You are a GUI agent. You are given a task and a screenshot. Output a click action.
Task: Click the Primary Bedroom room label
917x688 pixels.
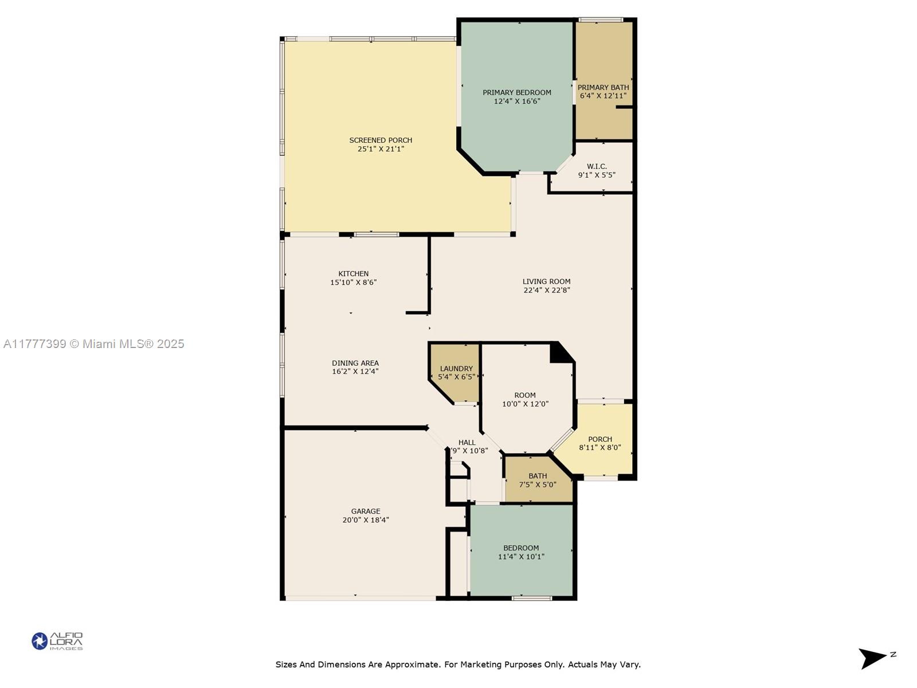click(517, 92)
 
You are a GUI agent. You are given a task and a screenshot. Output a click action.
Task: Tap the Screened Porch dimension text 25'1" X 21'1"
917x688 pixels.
click(381, 148)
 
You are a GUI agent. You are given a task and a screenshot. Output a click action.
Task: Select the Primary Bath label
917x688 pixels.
click(603, 87)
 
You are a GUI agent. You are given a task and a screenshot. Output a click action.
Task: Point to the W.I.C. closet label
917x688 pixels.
click(597, 166)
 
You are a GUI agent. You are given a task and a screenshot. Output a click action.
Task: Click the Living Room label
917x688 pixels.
click(546, 282)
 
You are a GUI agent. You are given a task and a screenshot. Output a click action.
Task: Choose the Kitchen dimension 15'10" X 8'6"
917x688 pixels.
click(354, 283)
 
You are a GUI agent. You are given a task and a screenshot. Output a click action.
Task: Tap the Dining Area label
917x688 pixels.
click(355, 363)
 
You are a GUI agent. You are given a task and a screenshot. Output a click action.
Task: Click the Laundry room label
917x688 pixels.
click(456, 369)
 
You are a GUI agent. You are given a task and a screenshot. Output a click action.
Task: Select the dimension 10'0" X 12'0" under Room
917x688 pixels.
click(525, 404)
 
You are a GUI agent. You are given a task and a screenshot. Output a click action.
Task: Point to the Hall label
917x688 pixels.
click(467, 443)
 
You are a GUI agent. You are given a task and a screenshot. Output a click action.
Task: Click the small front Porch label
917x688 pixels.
click(600, 439)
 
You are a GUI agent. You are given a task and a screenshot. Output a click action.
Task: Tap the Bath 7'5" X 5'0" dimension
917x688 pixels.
click(538, 484)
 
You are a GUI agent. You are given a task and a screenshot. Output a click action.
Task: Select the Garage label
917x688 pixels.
click(366, 511)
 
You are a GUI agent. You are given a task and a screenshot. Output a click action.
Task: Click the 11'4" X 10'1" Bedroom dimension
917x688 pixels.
click(521, 556)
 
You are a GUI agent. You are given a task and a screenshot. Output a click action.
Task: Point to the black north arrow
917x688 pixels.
click(871, 659)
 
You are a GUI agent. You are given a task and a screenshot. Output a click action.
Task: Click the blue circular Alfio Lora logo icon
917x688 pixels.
click(40, 641)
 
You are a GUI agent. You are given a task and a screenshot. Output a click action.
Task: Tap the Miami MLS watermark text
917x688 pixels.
click(93, 344)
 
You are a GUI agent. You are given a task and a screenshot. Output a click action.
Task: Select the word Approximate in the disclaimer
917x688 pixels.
click(411, 664)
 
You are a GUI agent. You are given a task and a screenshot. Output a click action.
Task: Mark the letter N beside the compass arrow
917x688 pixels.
click(893, 654)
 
